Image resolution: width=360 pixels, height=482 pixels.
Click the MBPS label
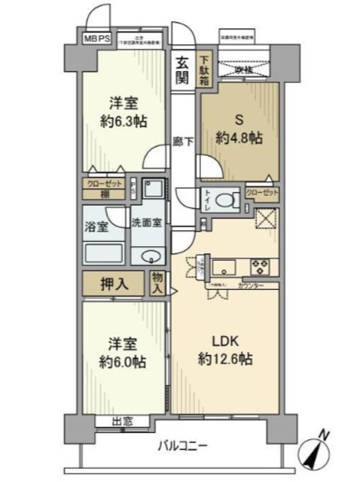[96, 37]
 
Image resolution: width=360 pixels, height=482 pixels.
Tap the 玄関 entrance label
[183, 69]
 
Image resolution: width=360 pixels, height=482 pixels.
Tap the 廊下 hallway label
[181, 141]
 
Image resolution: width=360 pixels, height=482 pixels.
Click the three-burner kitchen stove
[261, 267]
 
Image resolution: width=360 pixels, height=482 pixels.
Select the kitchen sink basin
[224, 267]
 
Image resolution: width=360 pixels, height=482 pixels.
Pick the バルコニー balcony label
[182, 446]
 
